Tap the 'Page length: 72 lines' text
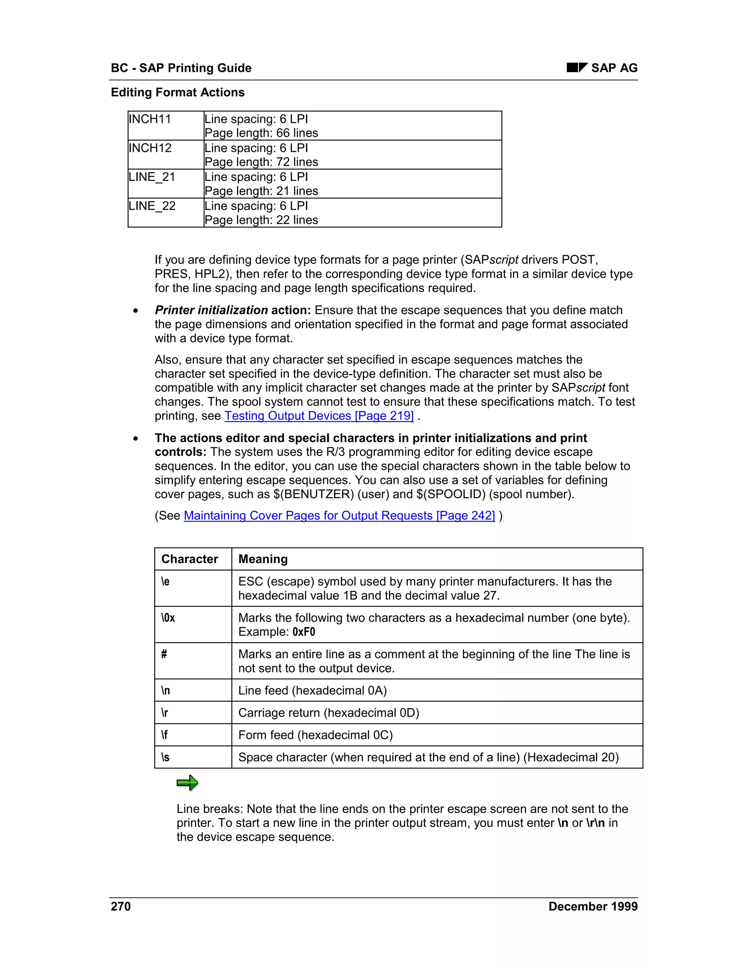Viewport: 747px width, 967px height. [261, 162]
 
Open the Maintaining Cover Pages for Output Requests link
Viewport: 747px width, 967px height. [339, 516]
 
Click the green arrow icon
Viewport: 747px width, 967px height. [187, 783]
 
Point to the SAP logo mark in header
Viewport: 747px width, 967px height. [577, 68]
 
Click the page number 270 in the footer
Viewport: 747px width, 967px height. [121, 906]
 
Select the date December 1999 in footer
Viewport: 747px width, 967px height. [593, 906]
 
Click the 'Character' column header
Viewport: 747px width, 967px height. [189, 559]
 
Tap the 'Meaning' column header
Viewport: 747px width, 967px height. [263, 559]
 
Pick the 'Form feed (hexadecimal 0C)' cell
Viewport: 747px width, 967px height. [315, 735]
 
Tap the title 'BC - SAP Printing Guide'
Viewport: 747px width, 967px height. [181, 68]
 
